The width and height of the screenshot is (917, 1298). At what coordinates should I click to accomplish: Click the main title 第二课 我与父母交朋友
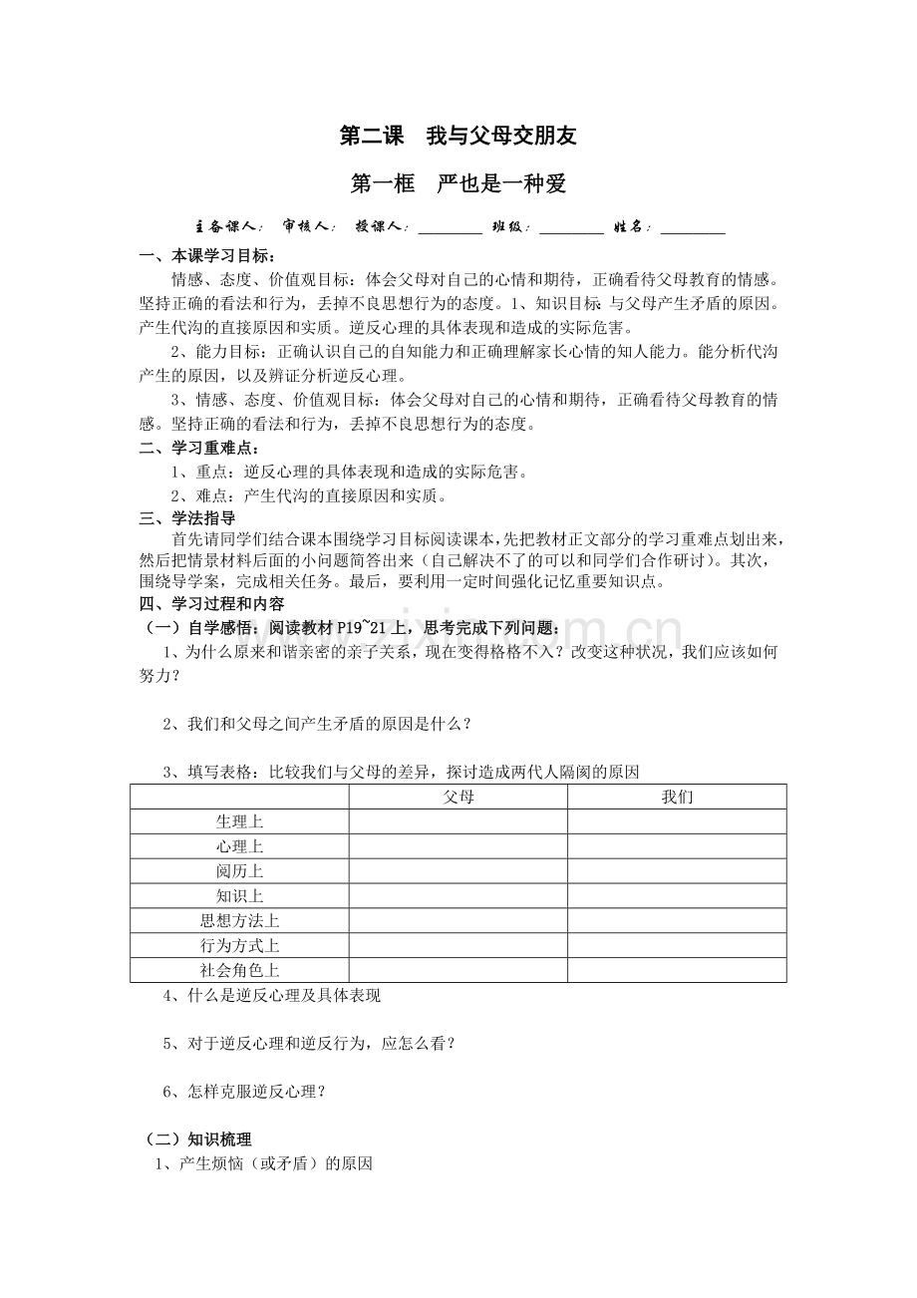pyautogui.click(x=458, y=136)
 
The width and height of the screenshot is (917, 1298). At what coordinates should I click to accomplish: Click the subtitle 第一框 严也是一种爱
pyautogui.click(x=458, y=184)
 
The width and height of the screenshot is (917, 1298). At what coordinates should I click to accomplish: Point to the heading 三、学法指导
pyautogui.click(x=187, y=517)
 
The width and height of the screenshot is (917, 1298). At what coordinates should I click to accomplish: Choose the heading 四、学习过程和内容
pyautogui.click(x=211, y=604)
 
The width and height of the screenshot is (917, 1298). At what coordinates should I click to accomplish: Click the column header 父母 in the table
pyautogui.click(x=458, y=797)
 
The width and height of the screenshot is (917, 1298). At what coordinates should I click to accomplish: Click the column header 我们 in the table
pyautogui.click(x=677, y=797)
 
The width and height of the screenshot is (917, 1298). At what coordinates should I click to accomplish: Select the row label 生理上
pyautogui.click(x=239, y=821)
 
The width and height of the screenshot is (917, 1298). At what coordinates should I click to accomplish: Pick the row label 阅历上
pyautogui.click(x=239, y=871)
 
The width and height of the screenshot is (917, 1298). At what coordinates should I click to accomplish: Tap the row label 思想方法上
pyautogui.click(x=239, y=920)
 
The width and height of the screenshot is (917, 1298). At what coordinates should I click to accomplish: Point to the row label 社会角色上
pyautogui.click(x=239, y=970)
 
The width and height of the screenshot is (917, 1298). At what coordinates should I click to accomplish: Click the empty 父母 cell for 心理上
pyautogui.click(x=458, y=846)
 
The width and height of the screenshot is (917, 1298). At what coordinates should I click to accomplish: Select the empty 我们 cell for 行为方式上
pyautogui.click(x=677, y=945)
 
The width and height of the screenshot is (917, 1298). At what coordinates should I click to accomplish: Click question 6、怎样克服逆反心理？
pyautogui.click(x=244, y=1091)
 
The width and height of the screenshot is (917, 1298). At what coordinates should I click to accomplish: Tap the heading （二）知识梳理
pyautogui.click(x=194, y=1139)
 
